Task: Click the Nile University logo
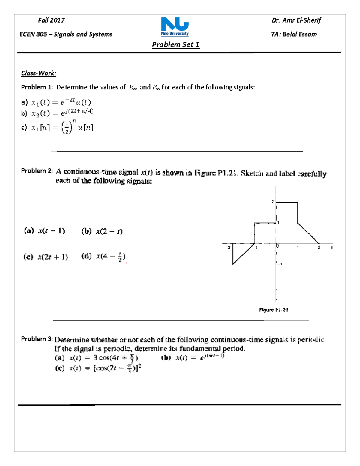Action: coord(175,26)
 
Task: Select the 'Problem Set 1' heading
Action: coord(175,45)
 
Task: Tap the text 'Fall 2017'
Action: coord(51,20)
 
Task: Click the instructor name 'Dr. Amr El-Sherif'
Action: coord(296,20)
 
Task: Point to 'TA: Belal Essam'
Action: coord(294,34)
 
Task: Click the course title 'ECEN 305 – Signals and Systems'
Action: coord(66,34)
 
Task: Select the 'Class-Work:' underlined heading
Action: coord(39,73)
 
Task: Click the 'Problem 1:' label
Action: coord(37,87)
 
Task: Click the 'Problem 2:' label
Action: coord(37,171)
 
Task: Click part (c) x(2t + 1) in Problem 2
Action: coord(53,257)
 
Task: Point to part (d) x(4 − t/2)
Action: coord(110,257)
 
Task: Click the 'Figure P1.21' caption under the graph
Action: coord(274,310)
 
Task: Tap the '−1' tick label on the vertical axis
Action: coord(280,264)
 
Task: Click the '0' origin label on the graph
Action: coord(278,246)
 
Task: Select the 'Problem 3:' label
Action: coord(37,339)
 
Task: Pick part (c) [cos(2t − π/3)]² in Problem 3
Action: coord(117,368)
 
